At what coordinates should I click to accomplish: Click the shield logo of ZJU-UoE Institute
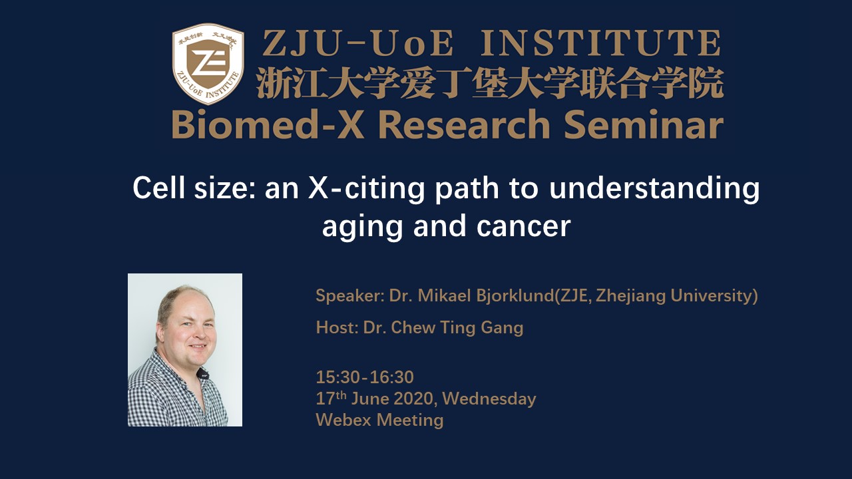tap(208, 64)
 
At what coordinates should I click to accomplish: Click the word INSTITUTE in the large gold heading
tap(601, 44)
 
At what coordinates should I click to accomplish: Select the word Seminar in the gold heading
tap(644, 124)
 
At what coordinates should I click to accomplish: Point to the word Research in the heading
tap(464, 124)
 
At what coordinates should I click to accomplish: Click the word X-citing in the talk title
tap(366, 190)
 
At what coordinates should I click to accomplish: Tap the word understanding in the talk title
tap(654, 188)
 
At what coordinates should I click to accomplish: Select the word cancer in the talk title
tap(523, 227)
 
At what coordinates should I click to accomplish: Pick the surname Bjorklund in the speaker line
tap(515, 296)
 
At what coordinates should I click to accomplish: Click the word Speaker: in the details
tap(350, 296)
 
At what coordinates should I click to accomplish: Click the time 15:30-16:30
tap(365, 377)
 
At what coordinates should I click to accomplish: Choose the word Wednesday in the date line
tap(489, 399)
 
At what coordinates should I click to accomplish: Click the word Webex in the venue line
tap(343, 420)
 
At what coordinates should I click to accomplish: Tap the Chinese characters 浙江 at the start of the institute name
tap(288, 83)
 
